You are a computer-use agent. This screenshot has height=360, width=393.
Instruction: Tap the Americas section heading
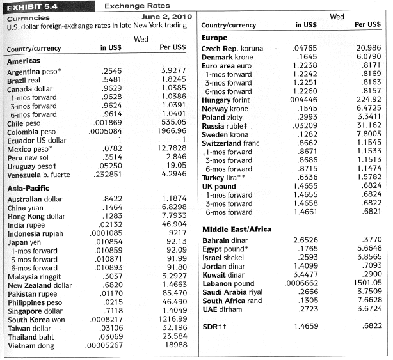click(x=24, y=61)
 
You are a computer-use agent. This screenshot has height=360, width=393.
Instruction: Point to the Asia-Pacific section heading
click(x=28, y=189)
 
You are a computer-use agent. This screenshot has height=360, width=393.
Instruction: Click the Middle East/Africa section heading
click(x=236, y=229)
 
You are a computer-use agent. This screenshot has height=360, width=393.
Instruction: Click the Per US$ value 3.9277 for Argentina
click(x=172, y=71)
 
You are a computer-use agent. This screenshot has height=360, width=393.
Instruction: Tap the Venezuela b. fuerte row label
click(x=38, y=174)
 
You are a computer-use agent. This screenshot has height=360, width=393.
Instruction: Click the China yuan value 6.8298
click(x=172, y=208)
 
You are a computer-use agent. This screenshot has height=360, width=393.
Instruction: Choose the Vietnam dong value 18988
click(x=175, y=345)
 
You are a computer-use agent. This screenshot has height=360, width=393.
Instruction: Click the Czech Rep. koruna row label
click(x=232, y=49)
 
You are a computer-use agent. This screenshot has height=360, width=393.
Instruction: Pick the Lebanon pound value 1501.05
click(x=365, y=283)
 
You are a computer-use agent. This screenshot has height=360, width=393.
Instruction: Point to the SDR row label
click(x=214, y=326)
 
